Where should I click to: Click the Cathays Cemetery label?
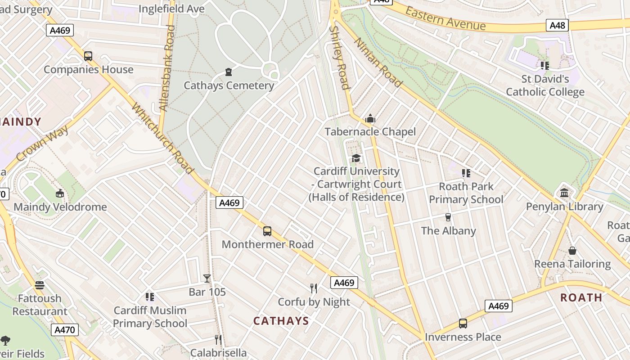(229, 85)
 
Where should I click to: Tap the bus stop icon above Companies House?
(88, 56)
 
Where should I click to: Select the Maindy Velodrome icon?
(59, 193)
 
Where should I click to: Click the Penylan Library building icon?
(564, 193)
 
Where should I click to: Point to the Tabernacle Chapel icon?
(370, 118)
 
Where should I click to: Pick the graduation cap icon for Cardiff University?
(356, 158)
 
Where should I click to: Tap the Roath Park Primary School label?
(466, 193)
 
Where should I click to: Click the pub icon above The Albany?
(448, 217)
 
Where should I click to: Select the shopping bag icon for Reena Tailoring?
(572, 251)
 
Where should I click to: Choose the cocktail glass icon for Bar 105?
(207, 279)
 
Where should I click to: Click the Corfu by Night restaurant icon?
(314, 288)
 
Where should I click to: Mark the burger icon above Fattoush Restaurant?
(40, 285)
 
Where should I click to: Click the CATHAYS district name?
(281, 321)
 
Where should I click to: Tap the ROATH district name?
(581, 297)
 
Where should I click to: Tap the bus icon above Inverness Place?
(463, 324)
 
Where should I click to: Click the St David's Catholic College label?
(545, 85)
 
